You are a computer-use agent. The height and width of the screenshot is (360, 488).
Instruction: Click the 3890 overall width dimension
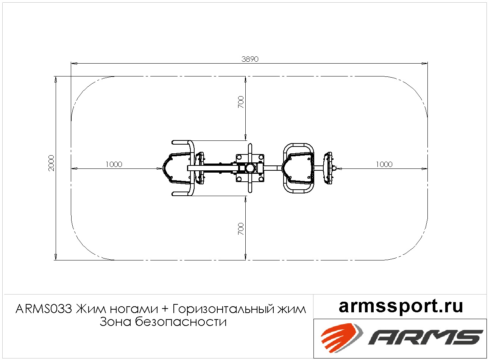(250, 59)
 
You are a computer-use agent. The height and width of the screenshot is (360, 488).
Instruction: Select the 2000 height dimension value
(51, 163)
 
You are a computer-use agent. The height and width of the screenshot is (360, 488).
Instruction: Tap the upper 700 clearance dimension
(241, 102)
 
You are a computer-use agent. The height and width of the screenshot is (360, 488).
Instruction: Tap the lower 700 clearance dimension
(241, 229)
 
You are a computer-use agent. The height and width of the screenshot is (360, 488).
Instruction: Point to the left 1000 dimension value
(114, 164)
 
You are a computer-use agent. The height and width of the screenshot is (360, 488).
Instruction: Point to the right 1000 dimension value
(384, 164)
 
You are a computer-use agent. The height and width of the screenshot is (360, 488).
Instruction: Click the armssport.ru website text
(401, 306)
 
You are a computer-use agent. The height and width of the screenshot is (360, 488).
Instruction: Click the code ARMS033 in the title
(44, 309)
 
